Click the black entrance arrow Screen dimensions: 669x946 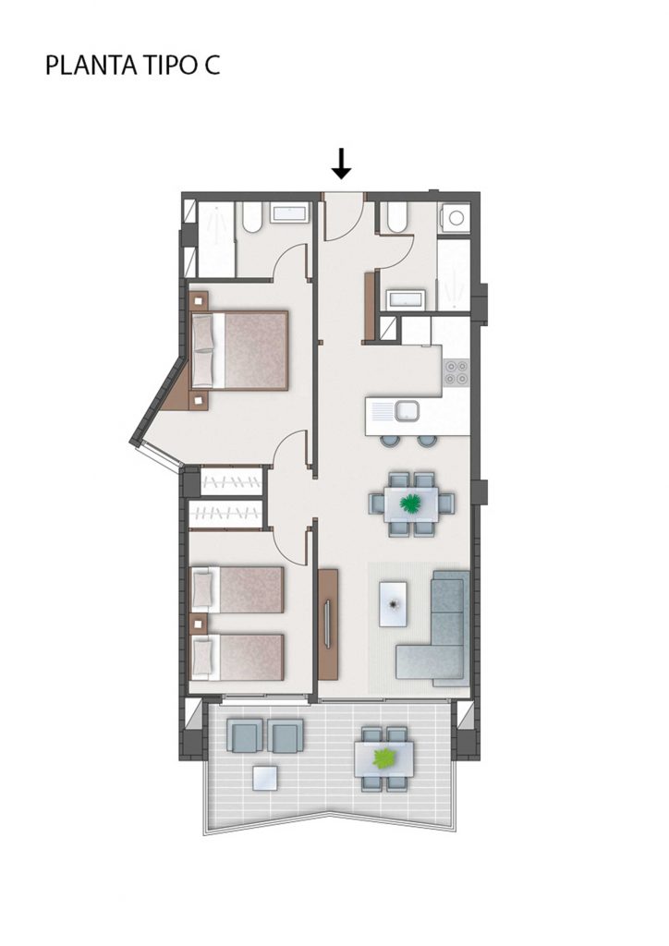[x=342, y=164]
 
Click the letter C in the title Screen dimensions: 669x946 [x=212, y=66]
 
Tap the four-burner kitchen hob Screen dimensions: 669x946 [x=456, y=372]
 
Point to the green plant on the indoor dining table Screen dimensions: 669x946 [x=410, y=502]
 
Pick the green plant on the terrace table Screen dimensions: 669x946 [x=384, y=758]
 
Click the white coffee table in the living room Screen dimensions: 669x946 [x=393, y=603]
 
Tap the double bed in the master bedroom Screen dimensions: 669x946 [x=239, y=350]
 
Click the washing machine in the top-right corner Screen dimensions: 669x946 [x=456, y=217]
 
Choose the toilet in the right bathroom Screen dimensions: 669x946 [x=397, y=216]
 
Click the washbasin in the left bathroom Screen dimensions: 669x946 [x=289, y=213]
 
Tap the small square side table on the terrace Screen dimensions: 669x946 [x=265, y=778]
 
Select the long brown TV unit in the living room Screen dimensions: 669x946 [x=327, y=625]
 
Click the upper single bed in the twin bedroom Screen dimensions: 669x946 [x=237, y=589]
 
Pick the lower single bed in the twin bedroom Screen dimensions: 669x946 [x=237, y=657]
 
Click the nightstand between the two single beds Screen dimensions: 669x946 [x=199, y=624]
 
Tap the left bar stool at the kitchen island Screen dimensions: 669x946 [x=389, y=441]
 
